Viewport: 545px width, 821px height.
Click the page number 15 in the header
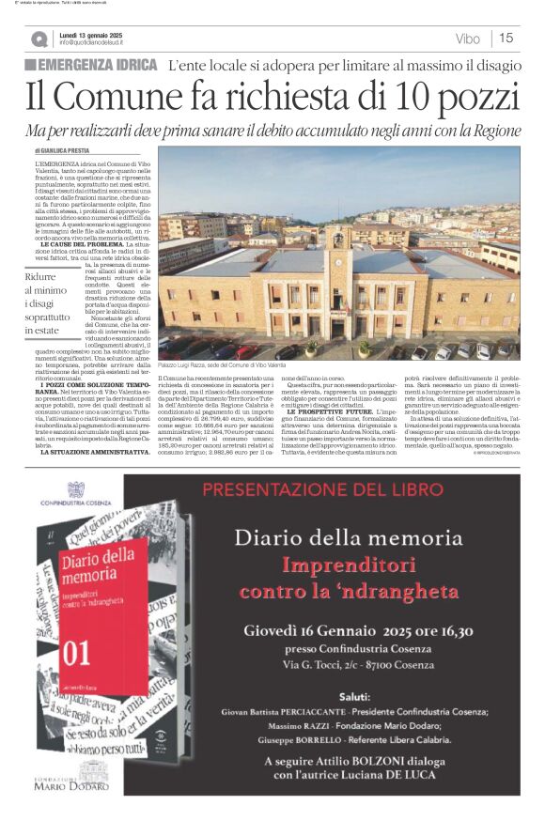[506, 39]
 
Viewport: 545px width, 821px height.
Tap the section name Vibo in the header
[466, 39]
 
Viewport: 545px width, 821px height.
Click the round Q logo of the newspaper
[39, 39]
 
